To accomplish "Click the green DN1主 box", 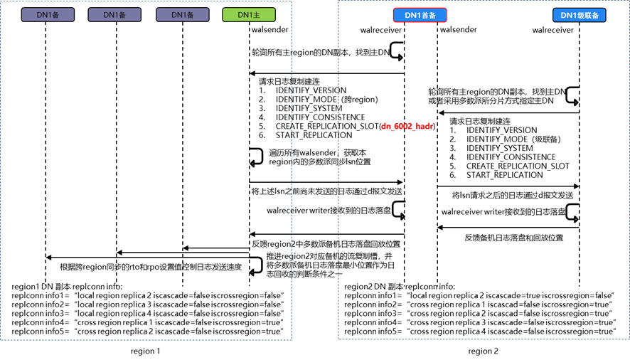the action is [x=249, y=15].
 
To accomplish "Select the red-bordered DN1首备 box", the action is [x=420, y=15].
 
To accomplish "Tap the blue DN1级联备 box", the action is [x=580, y=15].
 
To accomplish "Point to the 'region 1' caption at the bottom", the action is [x=146, y=351].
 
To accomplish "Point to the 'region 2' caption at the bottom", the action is [x=483, y=351].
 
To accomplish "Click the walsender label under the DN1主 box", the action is [x=270, y=29].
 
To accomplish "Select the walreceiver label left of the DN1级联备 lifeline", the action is [x=553, y=30].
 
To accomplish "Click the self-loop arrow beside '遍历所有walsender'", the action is [x=256, y=157].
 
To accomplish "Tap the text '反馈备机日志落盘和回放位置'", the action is [x=514, y=238].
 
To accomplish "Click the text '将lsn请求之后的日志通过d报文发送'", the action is [x=513, y=196].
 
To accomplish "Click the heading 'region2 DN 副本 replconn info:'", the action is [x=400, y=287].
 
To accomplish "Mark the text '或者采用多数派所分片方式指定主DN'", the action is [x=491, y=101].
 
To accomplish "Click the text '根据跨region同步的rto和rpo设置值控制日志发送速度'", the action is [x=151, y=267].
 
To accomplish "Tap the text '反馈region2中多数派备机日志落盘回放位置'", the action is [x=326, y=244].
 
